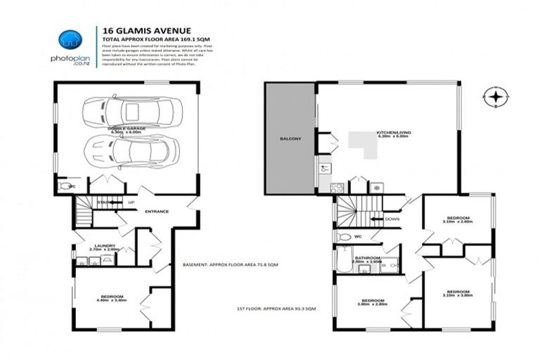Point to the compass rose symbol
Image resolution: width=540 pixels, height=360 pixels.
click(x=496, y=97)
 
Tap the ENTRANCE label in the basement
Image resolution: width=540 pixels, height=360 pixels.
click(x=158, y=212)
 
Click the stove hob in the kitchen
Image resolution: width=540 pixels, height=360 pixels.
click(x=337, y=188)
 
